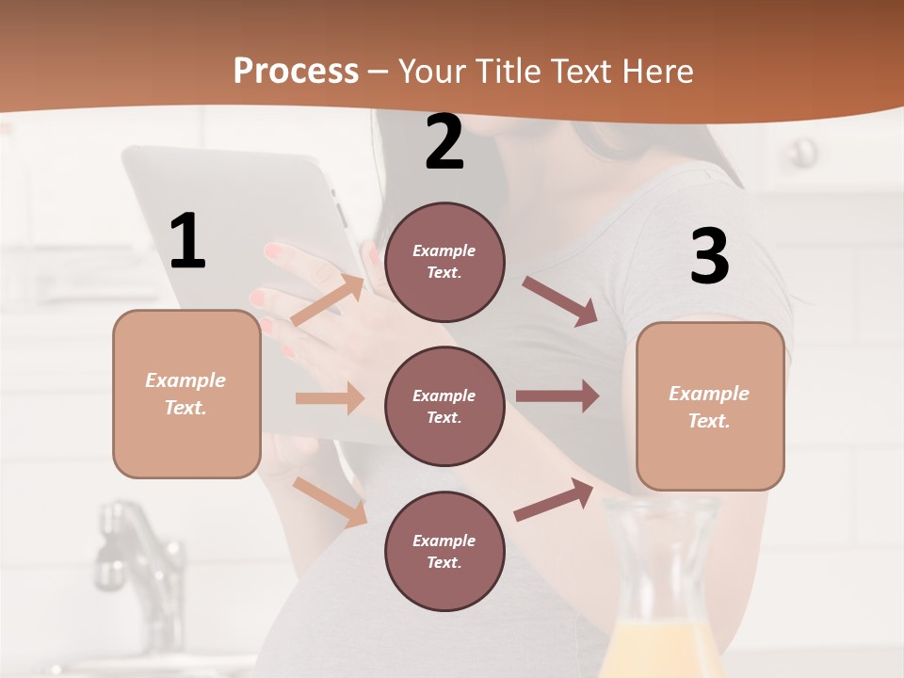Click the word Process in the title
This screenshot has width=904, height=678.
[x=296, y=72]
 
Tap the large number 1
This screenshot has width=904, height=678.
[x=187, y=241]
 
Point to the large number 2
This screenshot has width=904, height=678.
[x=444, y=142]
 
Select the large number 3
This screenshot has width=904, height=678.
[x=709, y=256]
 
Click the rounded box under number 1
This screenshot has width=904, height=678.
[x=186, y=394]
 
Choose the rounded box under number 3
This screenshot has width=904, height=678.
[x=710, y=406]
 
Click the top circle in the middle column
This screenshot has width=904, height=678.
[x=444, y=262]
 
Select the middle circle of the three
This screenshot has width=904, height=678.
[x=444, y=406]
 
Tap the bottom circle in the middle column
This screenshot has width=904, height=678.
[x=444, y=551]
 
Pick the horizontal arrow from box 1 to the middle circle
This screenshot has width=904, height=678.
[x=330, y=398]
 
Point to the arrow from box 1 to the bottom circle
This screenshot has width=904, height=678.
[x=330, y=501]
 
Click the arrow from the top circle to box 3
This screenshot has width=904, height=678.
[x=560, y=300]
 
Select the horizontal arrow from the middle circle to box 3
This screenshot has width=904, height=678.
[x=557, y=396]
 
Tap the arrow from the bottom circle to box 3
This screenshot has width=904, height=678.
[x=554, y=499]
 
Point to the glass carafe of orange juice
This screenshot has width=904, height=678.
[x=659, y=593]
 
